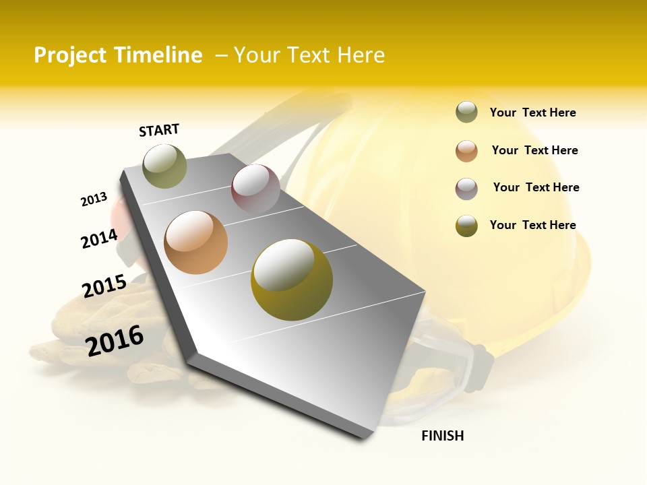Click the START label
click(x=159, y=130)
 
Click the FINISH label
click(x=442, y=436)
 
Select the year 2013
click(x=94, y=199)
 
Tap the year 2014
click(x=99, y=238)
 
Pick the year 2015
click(x=104, y=286)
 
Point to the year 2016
click(x=115, y=340)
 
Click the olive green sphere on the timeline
click(x=164, y=166)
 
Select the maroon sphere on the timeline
click(x=255, y=189)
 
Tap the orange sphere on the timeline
click(x=196, y=242)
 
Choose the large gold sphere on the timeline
click(x=292, y=280)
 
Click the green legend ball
click(x=466, y=112)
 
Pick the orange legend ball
click(x=466, y=151)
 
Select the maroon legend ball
click(x=466, y=189)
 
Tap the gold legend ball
click(x=466, y=226)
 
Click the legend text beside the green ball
click(x=532, y=113)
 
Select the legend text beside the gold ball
click(x=532, y=225)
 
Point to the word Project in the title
click(x=70, y=55)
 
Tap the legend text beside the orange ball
click(x=534, y=150)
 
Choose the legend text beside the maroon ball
click(x=536, y=187)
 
